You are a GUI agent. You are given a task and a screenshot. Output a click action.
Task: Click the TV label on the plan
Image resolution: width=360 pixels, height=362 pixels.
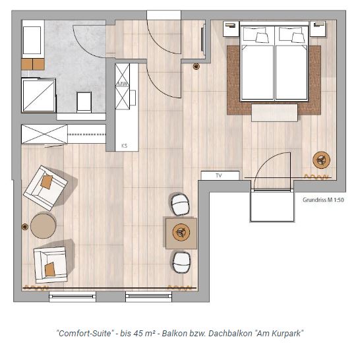[219, 175]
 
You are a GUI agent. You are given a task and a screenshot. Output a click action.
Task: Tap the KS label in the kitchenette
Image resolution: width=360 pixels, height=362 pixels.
[124, 146]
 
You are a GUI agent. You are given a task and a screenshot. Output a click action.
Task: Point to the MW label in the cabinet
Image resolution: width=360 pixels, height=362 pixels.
[123, 84]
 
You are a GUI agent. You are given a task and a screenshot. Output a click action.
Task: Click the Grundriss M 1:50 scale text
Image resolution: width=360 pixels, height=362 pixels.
[323, 200]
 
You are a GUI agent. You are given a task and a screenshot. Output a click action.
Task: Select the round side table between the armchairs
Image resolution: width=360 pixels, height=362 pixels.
[43, 226]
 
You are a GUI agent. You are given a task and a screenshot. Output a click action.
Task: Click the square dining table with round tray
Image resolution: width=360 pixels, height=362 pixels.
[181, 233]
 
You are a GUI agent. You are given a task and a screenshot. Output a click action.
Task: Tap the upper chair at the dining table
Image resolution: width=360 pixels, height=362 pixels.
[180, 204]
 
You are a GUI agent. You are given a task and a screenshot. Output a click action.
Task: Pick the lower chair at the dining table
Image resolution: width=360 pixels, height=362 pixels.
[181, 262]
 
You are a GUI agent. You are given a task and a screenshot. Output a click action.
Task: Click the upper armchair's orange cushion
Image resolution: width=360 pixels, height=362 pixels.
[47, 182]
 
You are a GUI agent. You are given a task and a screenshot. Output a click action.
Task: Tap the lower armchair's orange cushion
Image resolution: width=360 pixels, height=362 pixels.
[49, 270]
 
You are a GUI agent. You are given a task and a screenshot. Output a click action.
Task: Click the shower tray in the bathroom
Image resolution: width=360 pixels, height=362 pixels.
[38, 96]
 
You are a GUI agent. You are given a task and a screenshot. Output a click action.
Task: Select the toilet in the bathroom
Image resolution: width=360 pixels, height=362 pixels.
[84, 102]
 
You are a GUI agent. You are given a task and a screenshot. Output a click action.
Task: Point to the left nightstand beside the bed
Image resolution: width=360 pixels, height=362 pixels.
[231, 29]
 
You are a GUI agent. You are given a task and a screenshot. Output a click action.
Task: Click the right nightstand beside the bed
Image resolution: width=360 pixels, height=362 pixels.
[318, 29]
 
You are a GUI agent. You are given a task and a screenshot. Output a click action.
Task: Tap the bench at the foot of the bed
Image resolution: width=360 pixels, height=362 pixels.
[274, 113]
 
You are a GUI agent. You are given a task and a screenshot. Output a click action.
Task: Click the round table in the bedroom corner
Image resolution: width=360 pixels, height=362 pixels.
[321, 160]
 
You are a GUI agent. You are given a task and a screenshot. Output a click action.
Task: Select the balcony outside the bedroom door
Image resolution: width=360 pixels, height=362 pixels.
[272, 206]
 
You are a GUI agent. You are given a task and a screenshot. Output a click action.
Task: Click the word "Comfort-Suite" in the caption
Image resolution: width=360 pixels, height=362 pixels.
[86, 334]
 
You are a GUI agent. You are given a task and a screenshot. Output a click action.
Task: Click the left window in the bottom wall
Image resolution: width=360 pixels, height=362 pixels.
[73, 297]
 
